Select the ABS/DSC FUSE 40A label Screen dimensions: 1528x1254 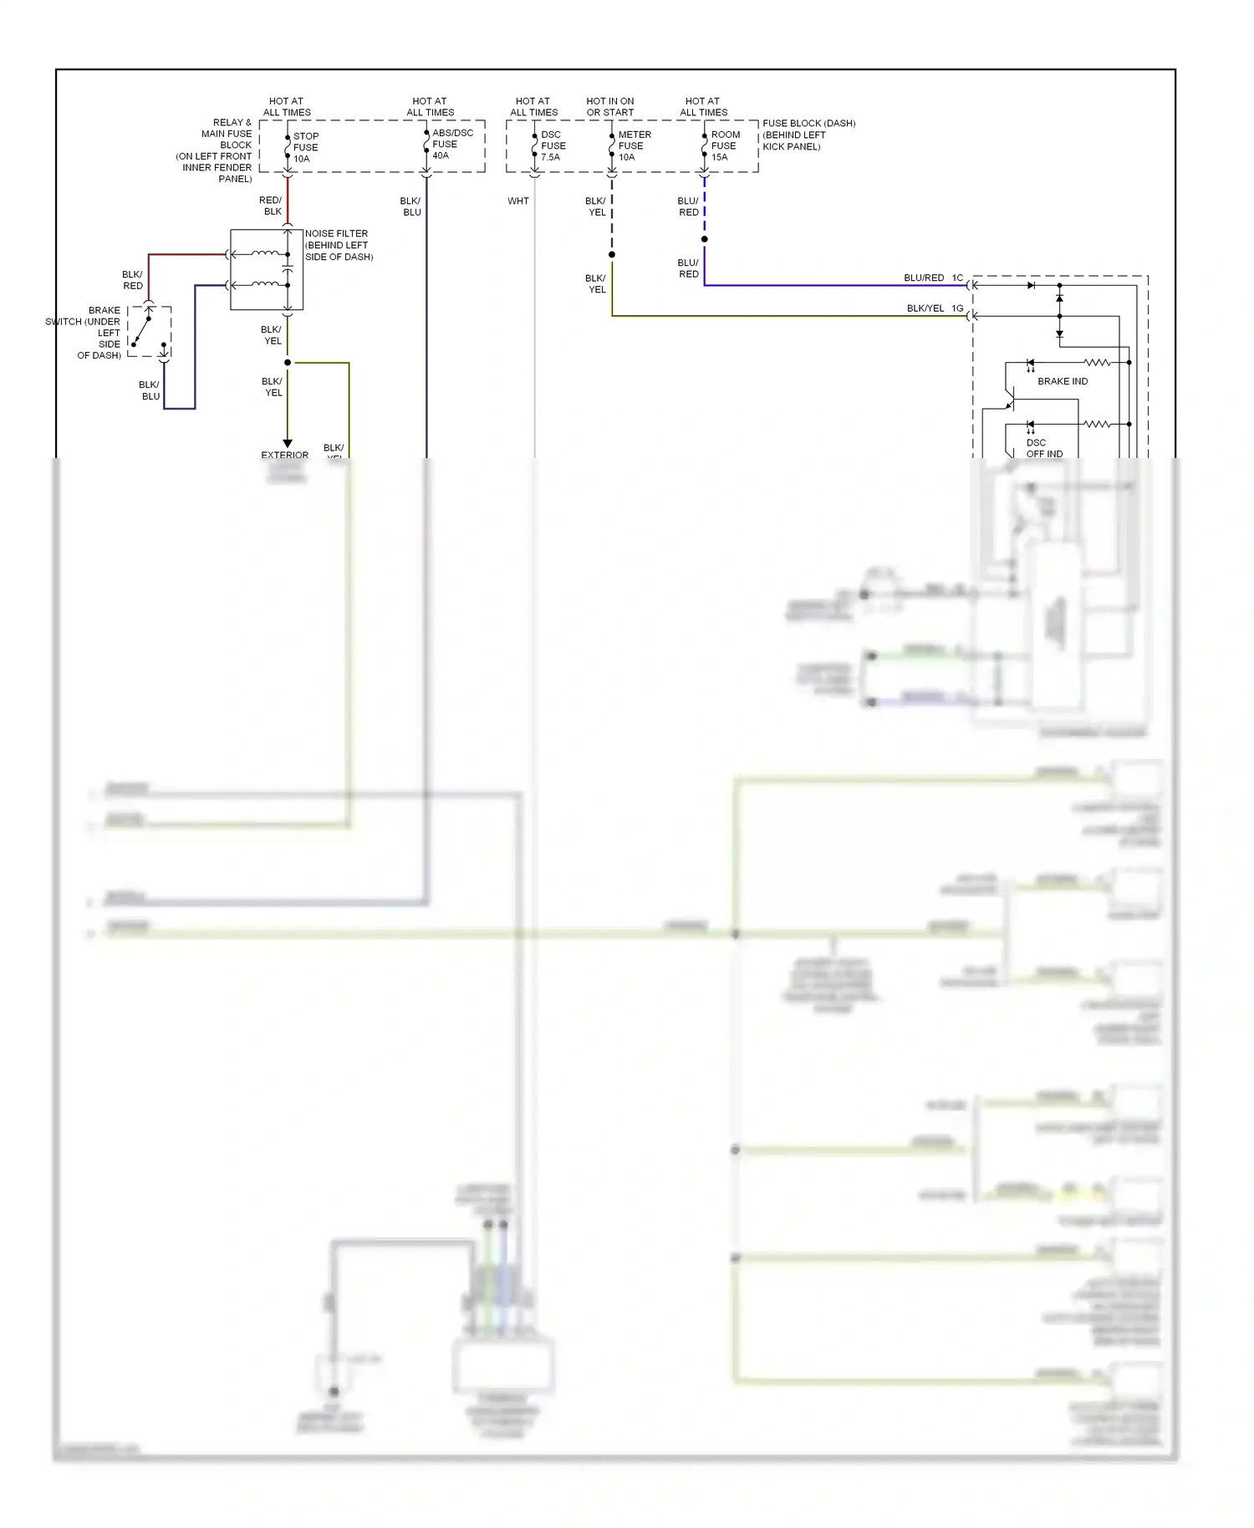coord(451,144)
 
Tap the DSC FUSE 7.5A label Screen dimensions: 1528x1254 coord(553,145)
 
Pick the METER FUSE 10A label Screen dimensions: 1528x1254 coord(634,145)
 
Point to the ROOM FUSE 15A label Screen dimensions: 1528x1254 coord(724,145)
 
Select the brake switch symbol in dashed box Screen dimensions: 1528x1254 coord(149,332)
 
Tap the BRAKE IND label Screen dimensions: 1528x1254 coord(1062,381)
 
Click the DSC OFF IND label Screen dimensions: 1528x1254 coord(1043,448)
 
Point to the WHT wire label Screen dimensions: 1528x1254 coord(517,201)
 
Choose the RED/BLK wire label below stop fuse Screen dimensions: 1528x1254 coord(271,206)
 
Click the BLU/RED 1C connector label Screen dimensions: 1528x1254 coord(932,278)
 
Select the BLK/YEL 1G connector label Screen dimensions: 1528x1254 coord(934,308)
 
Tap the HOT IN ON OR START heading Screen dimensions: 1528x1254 coord(609,106)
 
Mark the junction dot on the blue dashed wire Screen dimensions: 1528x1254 coord(704,239)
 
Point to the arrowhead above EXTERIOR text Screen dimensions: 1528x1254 coord(288,443)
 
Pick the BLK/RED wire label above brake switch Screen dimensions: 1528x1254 coord(132,280)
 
